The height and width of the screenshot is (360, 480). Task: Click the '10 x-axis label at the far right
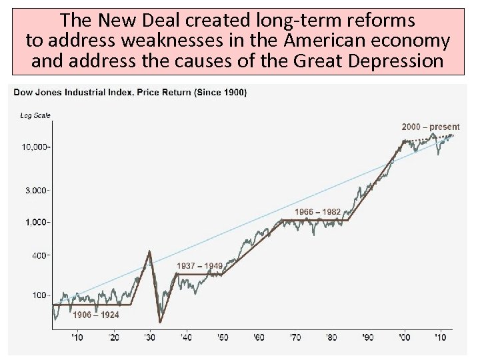439,337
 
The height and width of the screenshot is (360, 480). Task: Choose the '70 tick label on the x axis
295,337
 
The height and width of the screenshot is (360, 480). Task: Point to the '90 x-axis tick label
367,337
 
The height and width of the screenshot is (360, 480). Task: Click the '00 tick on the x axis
403,337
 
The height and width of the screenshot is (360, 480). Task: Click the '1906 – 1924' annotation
96,315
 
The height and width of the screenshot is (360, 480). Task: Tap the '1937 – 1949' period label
199,266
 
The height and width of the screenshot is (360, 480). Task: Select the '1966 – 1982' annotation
318,212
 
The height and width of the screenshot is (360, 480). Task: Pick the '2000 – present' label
430,127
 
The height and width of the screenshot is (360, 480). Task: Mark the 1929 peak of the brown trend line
149,251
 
